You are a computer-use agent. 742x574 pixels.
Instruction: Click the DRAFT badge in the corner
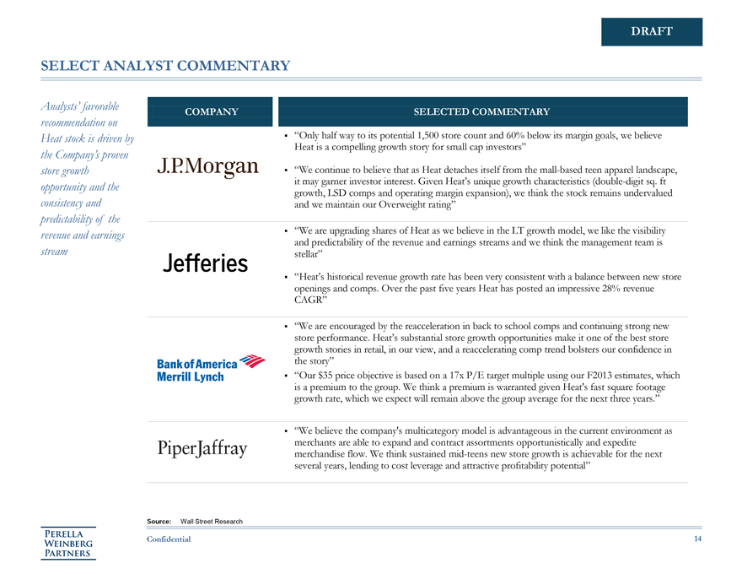pyautogui.click(x=651, y=31)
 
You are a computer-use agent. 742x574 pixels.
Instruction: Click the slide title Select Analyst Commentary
pyautogui.click(x=165, y=66)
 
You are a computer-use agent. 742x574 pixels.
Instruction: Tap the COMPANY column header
pyautogui.click(x=211, y=112)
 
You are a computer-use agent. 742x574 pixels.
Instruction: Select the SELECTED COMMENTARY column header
pyautogui.click(x=481, y=112)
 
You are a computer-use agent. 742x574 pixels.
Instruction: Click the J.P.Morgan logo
pyautogui.click(x=207, y=165)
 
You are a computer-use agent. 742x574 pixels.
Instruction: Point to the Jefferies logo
pyautogui.click(x=205, y=263)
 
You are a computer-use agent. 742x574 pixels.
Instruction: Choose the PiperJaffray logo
pyautogui.click(x=202, y=447)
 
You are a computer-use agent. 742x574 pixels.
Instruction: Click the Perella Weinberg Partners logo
pyautogui.click(x=69, y=542)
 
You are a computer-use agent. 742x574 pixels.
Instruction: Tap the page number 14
pyautogui.click(x=697, y=539)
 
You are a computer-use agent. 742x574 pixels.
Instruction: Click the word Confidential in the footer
pyautogui.click(x=169, y=539)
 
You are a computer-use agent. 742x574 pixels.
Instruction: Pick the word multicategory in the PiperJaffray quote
pyautogui.click(x=435, y=431)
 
